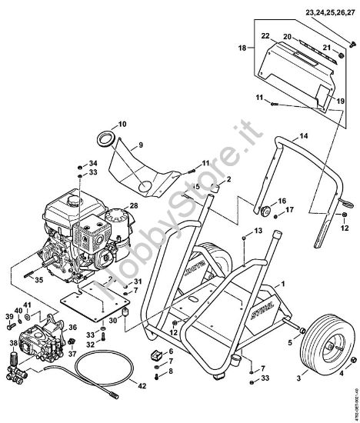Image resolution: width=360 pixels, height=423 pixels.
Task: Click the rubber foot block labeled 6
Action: [155, 355]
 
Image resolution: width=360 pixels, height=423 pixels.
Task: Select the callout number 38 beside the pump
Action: [12, 343]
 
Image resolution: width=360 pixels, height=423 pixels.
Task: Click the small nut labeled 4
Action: [337, 375]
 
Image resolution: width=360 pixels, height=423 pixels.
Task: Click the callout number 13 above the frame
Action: [258, 231]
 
